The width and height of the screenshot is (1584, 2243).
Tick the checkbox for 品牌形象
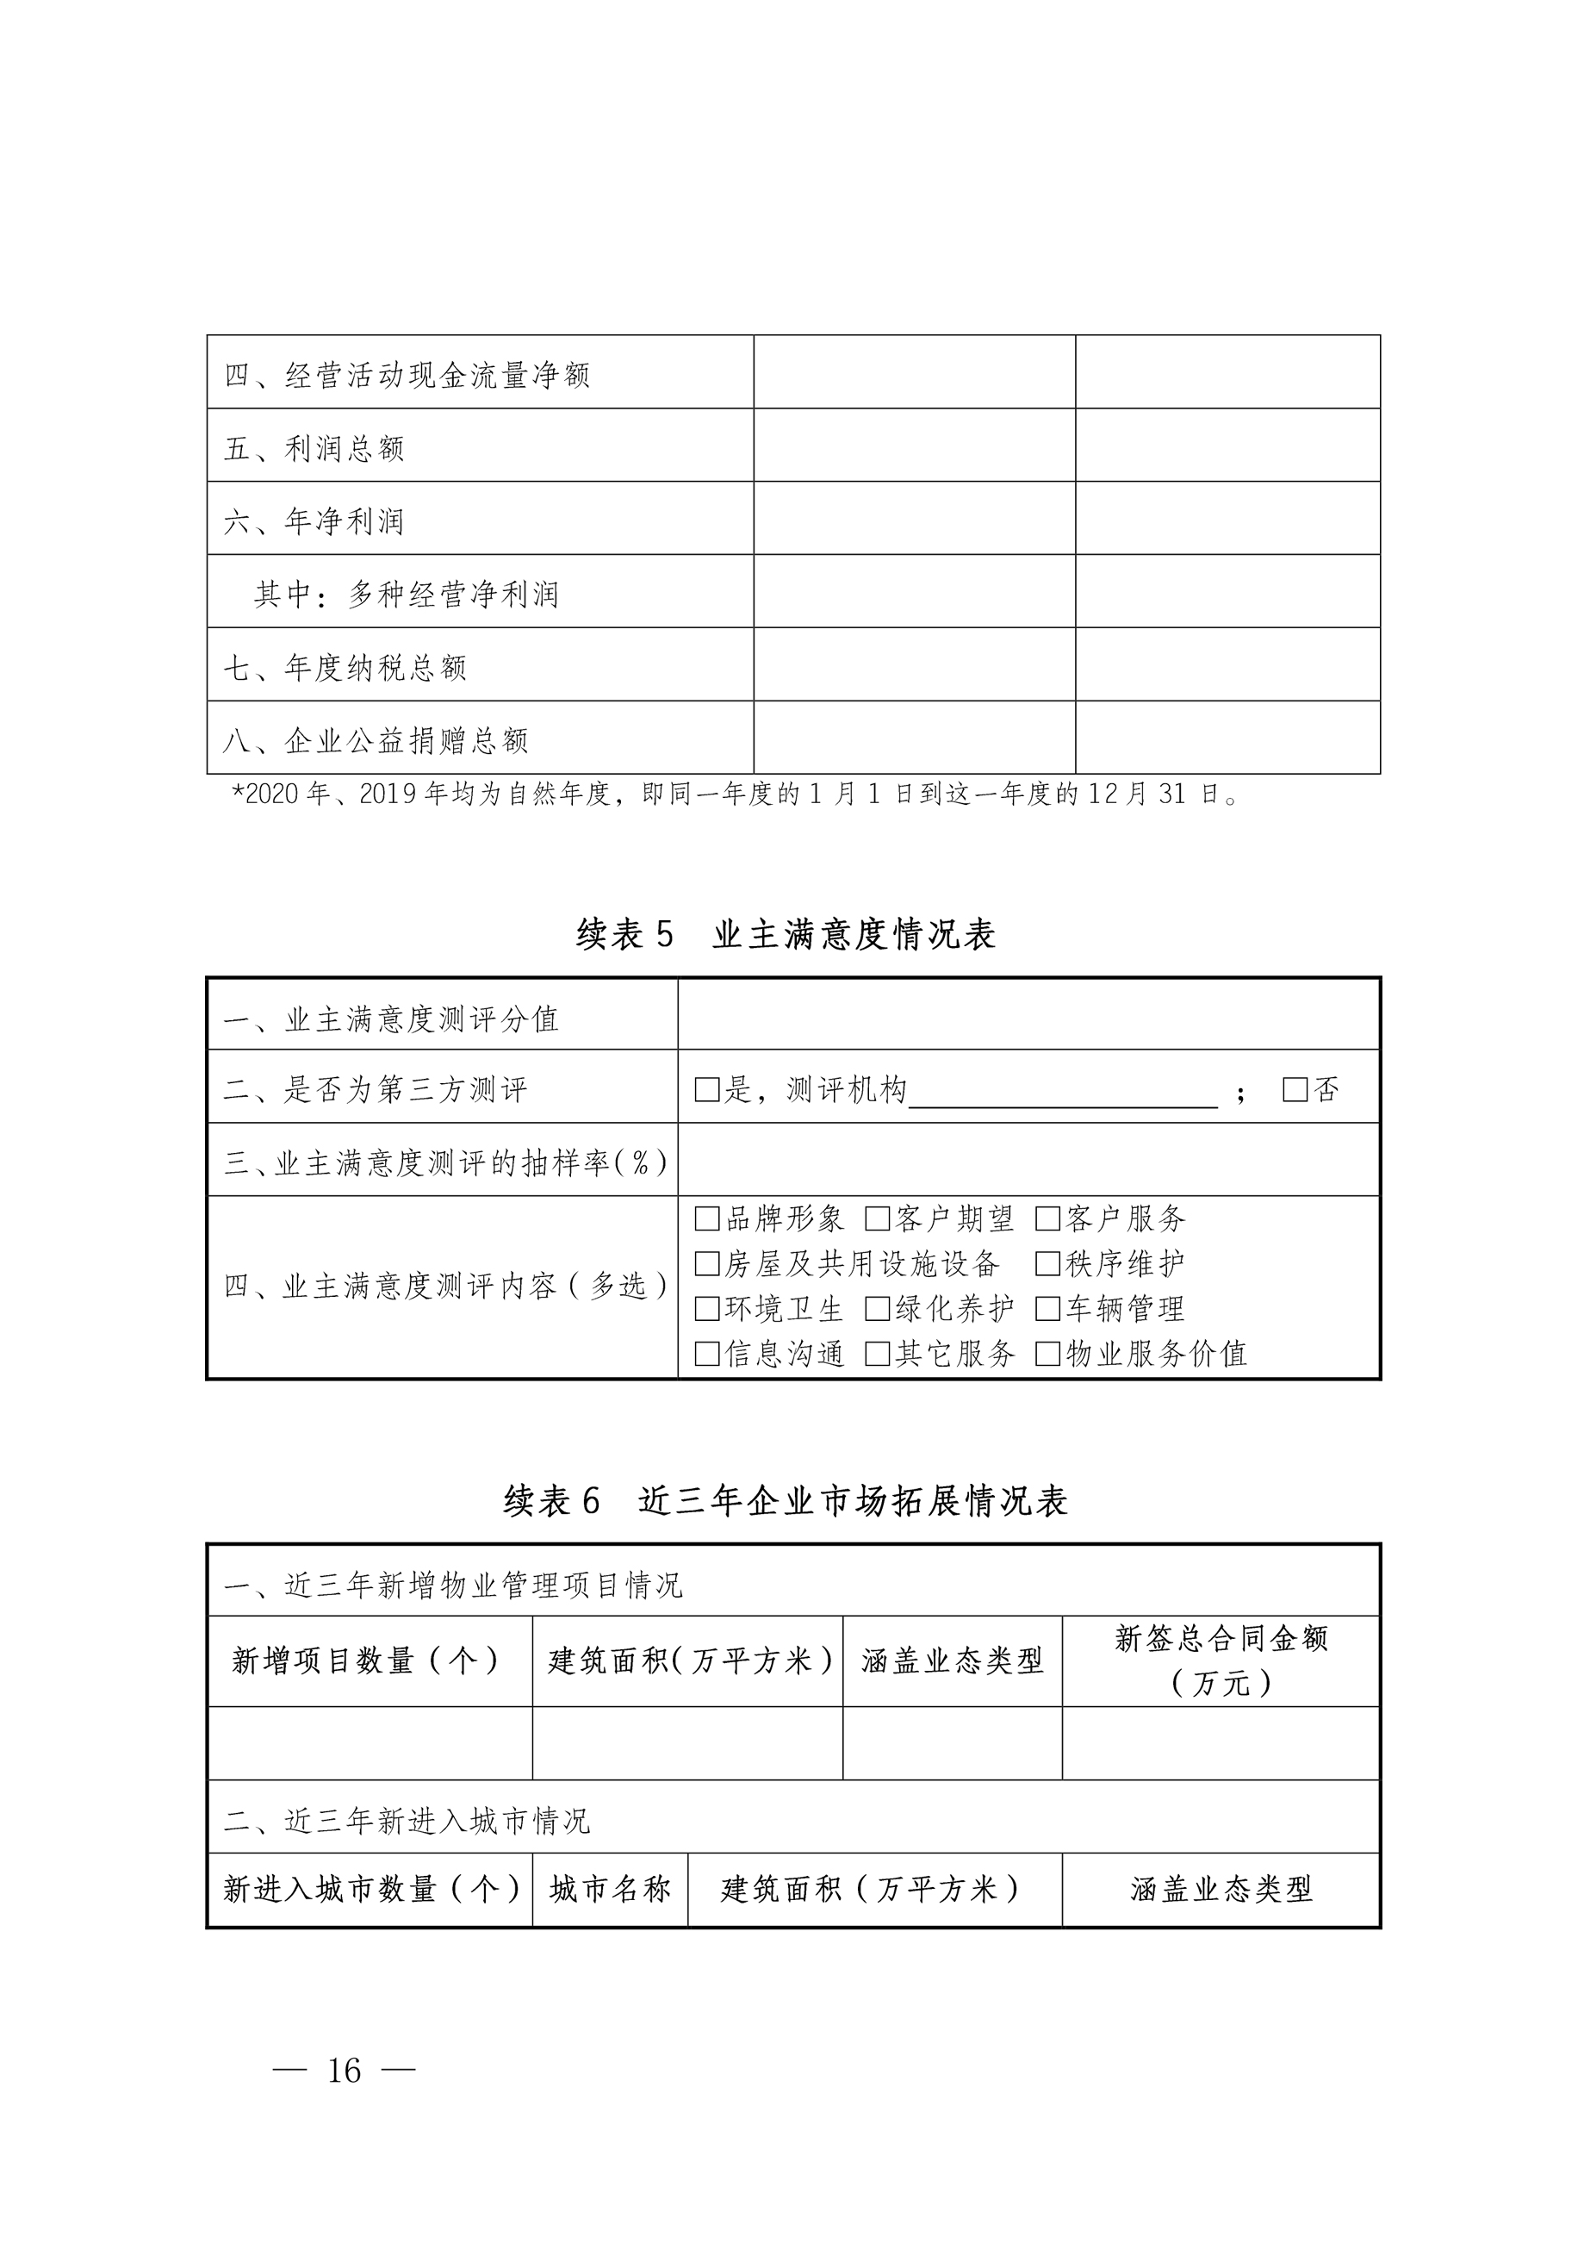tap(706, 1219)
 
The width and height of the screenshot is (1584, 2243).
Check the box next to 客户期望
tap(877, 1219)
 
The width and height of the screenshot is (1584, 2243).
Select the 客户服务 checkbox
tap(1048, 1219)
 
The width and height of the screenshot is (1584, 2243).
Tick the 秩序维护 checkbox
tap(1048, 1264)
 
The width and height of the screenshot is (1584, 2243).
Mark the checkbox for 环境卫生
tap(706, 1309)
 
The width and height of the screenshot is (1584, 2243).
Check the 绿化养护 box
tap(877, 1309)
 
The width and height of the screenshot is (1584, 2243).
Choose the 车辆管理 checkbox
tap(1048, 1309)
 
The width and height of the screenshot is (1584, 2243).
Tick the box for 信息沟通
tap(706, 1354)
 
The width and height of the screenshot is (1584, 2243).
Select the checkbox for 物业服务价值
tap(1048, 1354)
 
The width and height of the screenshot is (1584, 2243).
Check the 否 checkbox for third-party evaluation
tap(1295, 1090)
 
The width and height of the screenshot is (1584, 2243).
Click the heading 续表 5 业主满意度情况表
tap(786, 935)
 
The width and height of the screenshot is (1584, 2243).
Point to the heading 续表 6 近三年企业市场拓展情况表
tap(786, 1500)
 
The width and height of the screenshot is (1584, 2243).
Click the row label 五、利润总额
tap(314, 448)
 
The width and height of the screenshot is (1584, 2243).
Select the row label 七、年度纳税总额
tap(345, 668)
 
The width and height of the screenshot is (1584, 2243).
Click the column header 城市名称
tap(611, 1890)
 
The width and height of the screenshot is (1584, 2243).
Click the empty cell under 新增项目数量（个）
tap(370, 1744)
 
